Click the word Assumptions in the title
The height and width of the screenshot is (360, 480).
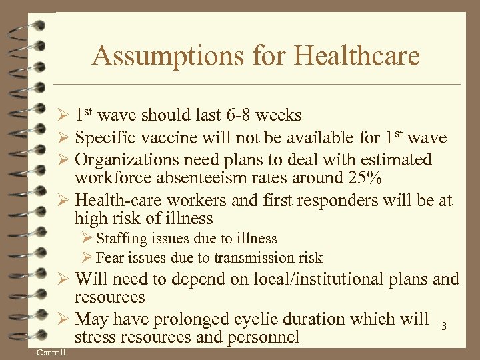171,55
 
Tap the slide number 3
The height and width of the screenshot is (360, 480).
443,326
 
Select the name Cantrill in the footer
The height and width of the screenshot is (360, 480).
51,351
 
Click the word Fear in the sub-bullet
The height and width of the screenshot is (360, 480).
110,258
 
